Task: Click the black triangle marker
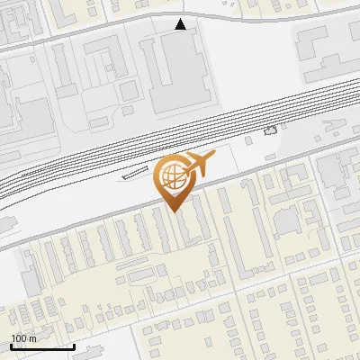181,24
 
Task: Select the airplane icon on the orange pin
200,163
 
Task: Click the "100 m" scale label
23,338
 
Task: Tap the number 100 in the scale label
19,338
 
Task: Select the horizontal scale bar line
42,346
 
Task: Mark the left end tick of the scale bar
11,345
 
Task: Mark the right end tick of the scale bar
74,345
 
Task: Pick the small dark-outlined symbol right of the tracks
271,131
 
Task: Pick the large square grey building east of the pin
286,220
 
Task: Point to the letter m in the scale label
33,339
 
